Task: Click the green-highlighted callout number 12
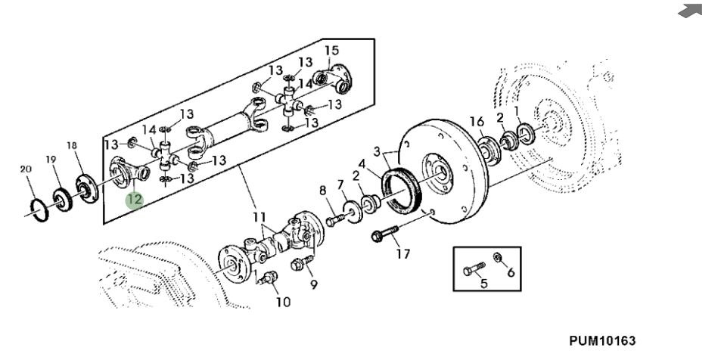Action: click(x=135, y=200)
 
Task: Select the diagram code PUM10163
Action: click(x=602, y=340)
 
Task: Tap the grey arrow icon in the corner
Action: click(x=691, y=11)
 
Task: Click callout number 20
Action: click(x=26, y=169)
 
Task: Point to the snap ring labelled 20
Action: click(x=39, y=210)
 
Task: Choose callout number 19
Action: click(x=51, y=160)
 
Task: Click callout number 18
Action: click(x=72, y=146)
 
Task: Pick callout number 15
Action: click(x=331, y=50)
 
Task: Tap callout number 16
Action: click(x=477, y=121)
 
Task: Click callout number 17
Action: click(x=402, y=253)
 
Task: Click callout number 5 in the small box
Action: click(x=483, y=283)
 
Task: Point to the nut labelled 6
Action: click(x=497, y=256)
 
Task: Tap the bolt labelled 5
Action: click(x=474, y=268)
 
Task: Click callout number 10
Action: click(x=283, y=302)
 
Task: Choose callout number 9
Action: click(x=314, y=284)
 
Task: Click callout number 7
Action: click(x=340, y=185)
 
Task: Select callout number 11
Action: click(x=259, y=216)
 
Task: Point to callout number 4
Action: click(x=362, y=163)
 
